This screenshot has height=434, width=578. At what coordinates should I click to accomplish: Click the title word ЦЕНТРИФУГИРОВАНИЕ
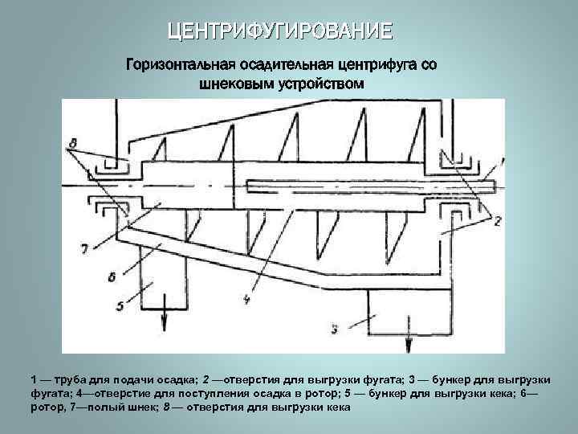pos(280,31)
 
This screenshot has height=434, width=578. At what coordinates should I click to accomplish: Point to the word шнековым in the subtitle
pos(238,83)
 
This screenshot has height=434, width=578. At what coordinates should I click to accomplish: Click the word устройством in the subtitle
pos(320,83)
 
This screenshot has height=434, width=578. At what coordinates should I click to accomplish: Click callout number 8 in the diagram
pos(73,144)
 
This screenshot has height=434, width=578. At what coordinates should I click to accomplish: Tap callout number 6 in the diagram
pos(110,276)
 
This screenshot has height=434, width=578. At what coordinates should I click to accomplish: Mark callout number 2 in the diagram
pos(497,222)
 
